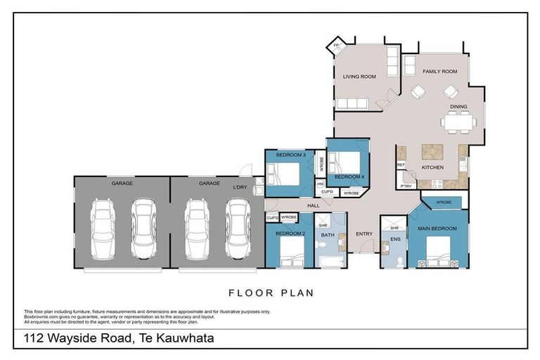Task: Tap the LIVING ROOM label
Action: tap(359, 76)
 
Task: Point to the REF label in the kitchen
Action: tap(401, 165)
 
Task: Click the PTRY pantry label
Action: tap(406, 186)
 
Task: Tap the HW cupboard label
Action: tap(320, 184)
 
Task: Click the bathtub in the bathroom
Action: tap(329, 262)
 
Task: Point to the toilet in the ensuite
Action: tap(399, 259)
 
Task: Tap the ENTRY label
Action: tap(364, 234)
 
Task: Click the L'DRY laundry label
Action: tap(240, 187)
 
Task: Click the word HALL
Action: tap(313, 205)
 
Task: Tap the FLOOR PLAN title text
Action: tap(271, 292)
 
